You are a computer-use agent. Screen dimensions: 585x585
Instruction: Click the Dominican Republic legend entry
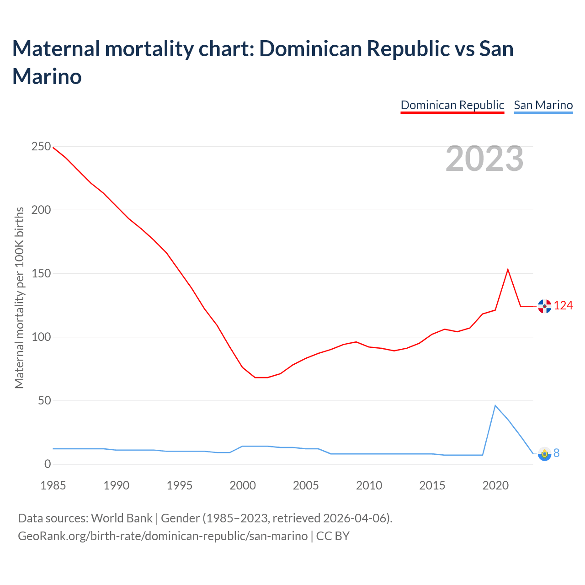(452, 105)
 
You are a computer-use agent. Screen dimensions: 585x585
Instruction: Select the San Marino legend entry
(543, 105)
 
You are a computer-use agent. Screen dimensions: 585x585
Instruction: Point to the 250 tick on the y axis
(41, 147)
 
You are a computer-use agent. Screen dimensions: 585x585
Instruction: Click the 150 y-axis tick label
(41, 274)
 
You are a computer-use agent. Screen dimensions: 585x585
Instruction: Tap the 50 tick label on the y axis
(44, 401)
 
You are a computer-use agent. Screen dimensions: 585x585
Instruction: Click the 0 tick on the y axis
(48, 464)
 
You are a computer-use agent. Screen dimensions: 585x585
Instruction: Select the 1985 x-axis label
(53, 485)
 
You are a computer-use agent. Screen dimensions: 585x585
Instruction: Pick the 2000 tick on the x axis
(243, 485)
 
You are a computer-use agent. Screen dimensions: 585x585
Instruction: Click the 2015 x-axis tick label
(432, 485)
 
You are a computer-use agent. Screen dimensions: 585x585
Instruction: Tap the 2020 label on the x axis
(495, 485)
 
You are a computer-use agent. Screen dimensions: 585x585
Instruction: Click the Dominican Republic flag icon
(544, 306)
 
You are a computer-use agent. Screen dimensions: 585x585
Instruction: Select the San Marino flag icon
(544, 454)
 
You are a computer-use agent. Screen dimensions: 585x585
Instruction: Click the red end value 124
(563, 306)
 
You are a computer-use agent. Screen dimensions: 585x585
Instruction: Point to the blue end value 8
(556, 453)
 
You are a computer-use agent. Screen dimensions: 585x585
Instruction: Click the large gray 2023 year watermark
(484, 159)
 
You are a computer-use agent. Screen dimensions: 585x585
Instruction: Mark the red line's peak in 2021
(508, 270)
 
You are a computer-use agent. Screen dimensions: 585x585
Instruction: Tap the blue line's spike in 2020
(495, 405)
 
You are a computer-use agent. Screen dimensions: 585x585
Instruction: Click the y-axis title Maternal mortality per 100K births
(19, 298)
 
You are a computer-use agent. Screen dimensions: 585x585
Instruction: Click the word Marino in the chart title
(47, 76)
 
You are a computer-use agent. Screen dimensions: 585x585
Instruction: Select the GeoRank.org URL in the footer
(163, 536)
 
